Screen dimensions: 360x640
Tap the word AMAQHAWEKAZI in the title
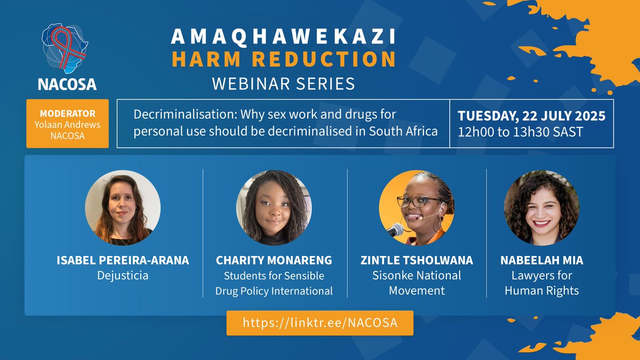[x=283, y=36]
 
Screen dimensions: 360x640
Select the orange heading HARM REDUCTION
[x=283, y=59]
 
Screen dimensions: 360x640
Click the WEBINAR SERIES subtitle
[x=283, y=84]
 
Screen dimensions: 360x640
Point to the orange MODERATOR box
[x=68, y=123]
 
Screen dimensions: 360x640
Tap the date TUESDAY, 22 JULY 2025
[x=531, y=115]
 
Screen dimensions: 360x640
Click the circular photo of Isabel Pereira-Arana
[x=123, y=207]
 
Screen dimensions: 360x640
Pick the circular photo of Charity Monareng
[x=274, y=207]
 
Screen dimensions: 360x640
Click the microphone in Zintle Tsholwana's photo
[x=395, y=230]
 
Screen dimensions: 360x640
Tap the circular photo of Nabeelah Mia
[x=541, y=207]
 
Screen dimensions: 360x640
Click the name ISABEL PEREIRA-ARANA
[x=123, y=261]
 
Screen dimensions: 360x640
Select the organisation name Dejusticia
[x=123, y=276]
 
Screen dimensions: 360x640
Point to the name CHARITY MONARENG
[x=274, y=261]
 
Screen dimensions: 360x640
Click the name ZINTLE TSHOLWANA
[x=417, y=261]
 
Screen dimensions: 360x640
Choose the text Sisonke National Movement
[x=417, y=283]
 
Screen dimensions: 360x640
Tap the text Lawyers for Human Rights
[x=541, y=283]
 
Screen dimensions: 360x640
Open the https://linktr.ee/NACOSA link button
[x=320, y=323]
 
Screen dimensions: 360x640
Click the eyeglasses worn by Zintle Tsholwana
[x=411, y=202]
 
